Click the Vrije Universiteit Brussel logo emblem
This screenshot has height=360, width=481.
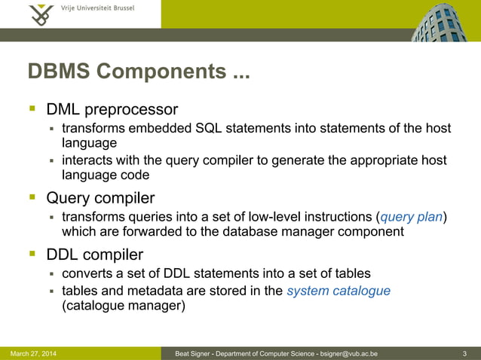click(41, 14)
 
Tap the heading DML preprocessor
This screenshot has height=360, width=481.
click(112, 110)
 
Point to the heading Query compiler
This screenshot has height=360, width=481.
click(101, 198)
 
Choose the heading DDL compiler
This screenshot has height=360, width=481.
click(95, 255)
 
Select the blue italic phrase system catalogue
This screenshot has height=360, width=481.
click(339, 291)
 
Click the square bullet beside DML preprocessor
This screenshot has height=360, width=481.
click(32, 110)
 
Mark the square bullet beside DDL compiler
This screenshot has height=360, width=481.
click(32, 255)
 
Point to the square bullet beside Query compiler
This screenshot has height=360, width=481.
click(32, 198)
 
